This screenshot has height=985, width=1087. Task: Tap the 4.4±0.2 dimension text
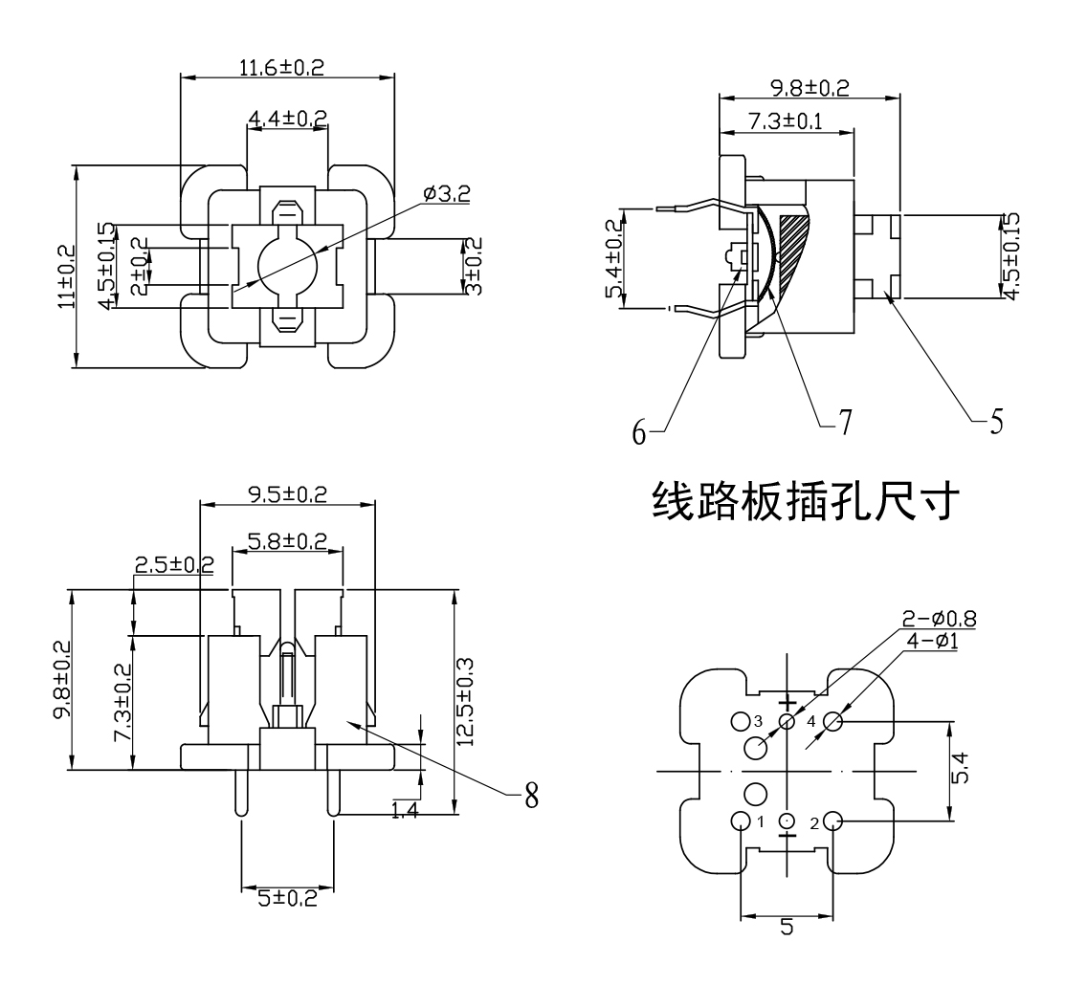click(287, 119)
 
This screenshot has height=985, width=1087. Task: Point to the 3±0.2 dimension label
click(473, 266)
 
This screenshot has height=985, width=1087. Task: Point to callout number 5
click(996, 421)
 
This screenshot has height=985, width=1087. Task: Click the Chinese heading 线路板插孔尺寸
click(802, 500)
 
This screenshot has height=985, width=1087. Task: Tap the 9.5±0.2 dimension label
click(287, 494)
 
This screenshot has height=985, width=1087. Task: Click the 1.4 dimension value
click(404, 812)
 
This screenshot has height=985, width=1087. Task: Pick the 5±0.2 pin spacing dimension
click(287, 897)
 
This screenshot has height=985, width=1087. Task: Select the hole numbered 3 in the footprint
click(740, 720)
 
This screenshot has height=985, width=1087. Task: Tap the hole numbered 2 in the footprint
click(832, 821)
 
